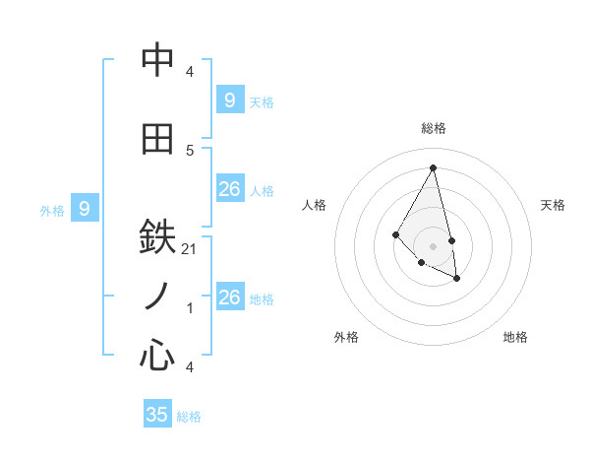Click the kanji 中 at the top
[157, 62]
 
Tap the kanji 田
[157, 139]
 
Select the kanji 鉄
[157, 238]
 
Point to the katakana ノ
[157, 296]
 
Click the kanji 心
[157, 354]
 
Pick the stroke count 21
[190, 249]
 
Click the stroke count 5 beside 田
[190, 150]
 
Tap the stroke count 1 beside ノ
[190, 308]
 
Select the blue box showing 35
[157, 414]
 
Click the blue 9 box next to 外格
[85, 208]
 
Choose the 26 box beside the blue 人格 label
[230, 189]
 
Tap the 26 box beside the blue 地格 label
[230, 297]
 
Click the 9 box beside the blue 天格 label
[230, 99]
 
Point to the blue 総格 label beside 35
[189, 417]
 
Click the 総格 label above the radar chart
[434, 128]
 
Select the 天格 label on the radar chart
[554, 205]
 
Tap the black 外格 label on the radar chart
[346, 337]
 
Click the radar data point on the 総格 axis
[433, 167]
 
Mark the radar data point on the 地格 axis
[457, 279]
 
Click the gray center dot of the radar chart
[433, 245]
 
